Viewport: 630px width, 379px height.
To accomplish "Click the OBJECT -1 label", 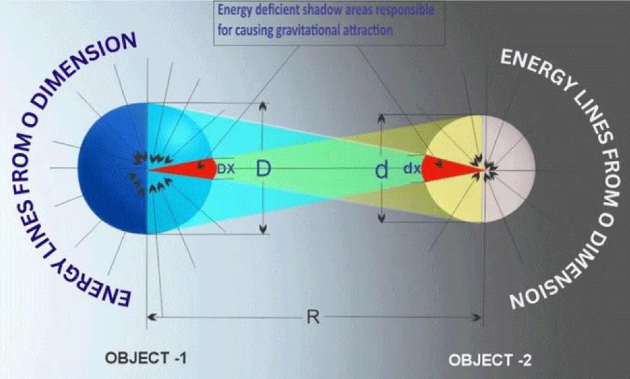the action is point(146,358).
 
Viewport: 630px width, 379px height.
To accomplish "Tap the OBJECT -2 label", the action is point(490,359).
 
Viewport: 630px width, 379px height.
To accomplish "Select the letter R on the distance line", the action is point(313,317).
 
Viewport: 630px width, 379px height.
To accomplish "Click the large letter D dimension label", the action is point(263,168).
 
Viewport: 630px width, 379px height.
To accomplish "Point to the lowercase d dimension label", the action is point(382,170).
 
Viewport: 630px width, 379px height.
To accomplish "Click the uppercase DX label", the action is point(226,168).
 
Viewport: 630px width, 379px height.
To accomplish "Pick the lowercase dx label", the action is point(412,168).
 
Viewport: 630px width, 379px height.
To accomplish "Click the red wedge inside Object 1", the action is point(189,168).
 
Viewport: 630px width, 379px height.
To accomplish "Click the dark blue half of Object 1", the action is point(113,168).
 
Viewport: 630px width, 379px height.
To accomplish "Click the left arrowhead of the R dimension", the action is point(151,317).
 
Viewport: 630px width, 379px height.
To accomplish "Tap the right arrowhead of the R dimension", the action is point(478,317).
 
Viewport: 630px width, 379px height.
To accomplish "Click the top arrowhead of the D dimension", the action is point(263,106).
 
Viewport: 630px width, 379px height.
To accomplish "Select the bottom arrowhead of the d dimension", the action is point(382,218).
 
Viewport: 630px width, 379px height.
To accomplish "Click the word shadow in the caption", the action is point(318,10).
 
